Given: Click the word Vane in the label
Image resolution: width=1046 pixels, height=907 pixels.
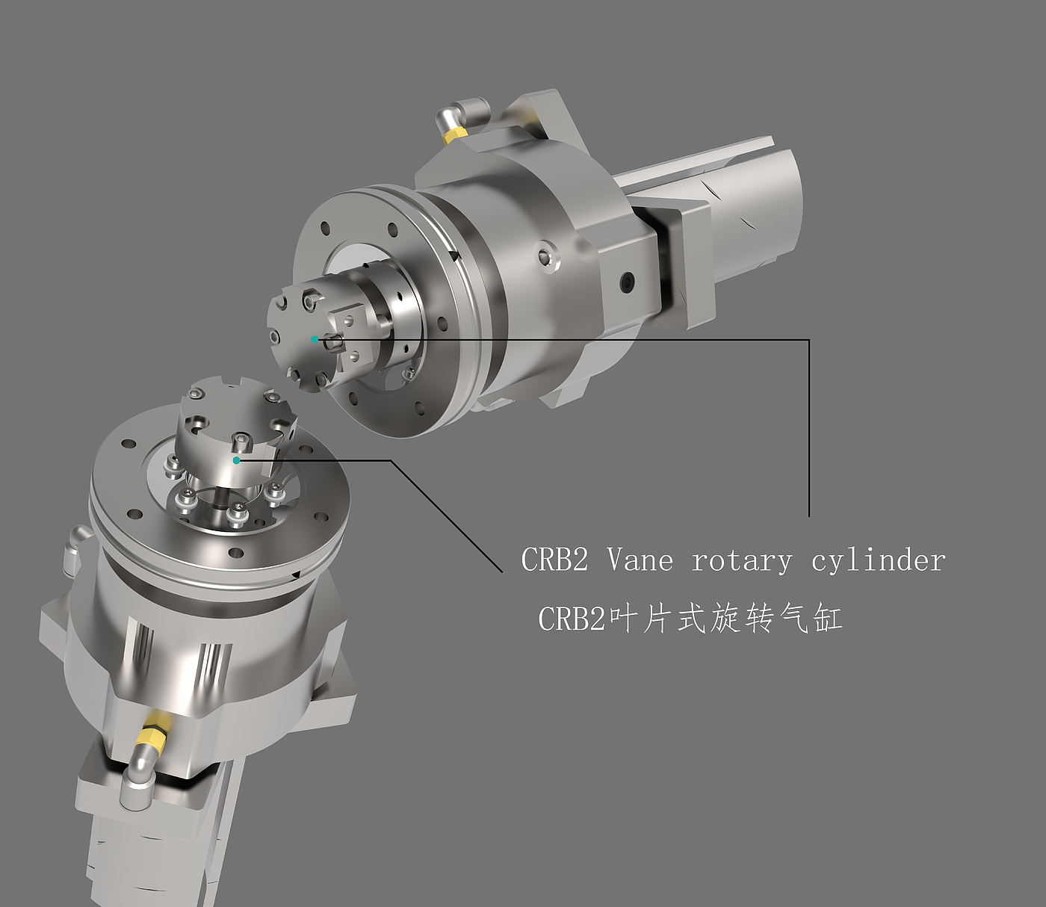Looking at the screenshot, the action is pyautogui.click(x=640, y=560).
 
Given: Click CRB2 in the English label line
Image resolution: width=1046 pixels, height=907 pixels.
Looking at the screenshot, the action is pyautogui.click(x=554, y=560).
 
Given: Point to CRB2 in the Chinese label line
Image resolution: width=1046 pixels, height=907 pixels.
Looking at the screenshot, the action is pyautogui.click(x=572, y=618).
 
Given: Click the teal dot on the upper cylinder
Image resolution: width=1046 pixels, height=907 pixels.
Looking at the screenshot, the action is pyautogui.click(x=315, y=339).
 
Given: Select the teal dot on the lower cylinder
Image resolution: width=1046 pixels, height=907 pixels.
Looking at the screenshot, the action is pyautogui.click(x=236, y=460).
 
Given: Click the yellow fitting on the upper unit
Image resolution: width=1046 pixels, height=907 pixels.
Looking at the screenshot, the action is pyautogui.click(x=455, y=134).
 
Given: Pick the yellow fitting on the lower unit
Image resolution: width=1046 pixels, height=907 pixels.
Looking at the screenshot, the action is pyautogui.click(x=152, y=740).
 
